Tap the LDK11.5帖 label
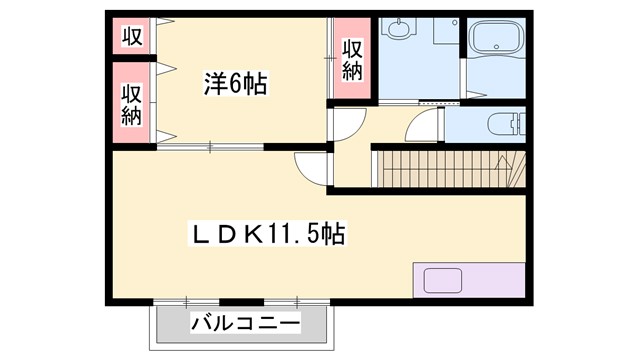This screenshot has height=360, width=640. pos(269,235)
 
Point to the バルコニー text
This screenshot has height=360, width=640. pos(245,325)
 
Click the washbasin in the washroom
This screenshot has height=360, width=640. pos(401,29)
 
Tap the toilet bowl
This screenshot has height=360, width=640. pos(500,125)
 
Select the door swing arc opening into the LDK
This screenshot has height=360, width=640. pos(311,168)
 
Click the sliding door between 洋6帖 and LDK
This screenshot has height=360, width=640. pos(210,147)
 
